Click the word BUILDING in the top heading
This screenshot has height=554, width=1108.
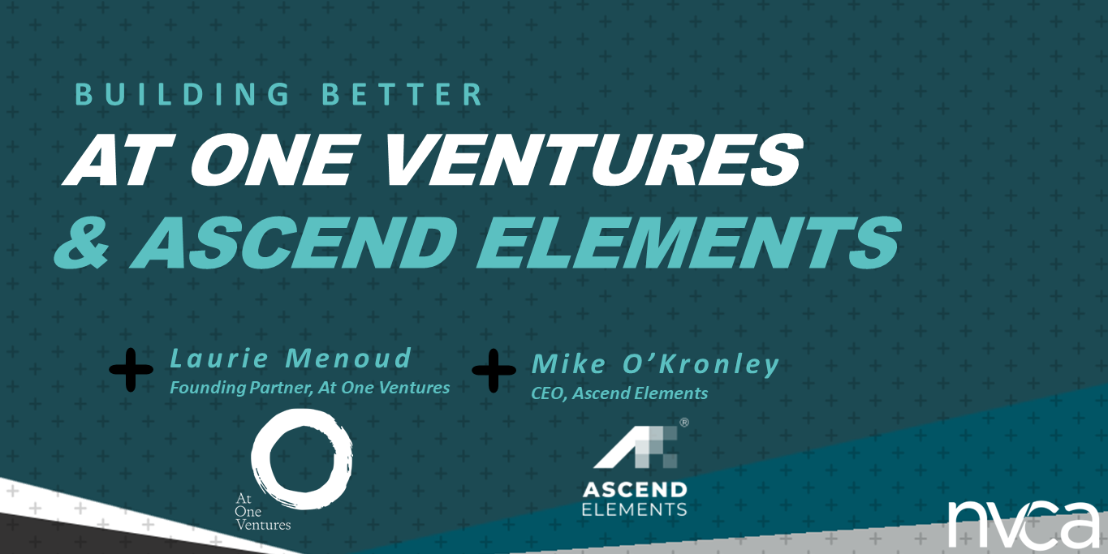[183, 94]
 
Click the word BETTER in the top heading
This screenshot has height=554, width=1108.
[403, 94]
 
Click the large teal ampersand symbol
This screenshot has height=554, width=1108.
[82, 243]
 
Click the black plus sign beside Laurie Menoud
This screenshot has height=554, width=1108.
[131, 370]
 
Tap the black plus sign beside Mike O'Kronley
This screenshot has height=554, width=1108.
[494, 371]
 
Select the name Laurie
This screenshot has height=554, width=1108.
[219, 359]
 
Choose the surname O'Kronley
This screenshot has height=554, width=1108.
[701, 365]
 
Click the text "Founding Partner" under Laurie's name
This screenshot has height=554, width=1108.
[241, 388]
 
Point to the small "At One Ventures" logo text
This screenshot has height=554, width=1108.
[263, 512]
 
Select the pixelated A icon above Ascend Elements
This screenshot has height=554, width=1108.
[636, 447]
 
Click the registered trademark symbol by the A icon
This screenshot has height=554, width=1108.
[684, 423]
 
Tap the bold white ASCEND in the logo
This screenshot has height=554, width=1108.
[635, 490]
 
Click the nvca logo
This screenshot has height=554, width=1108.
[1023, 524]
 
